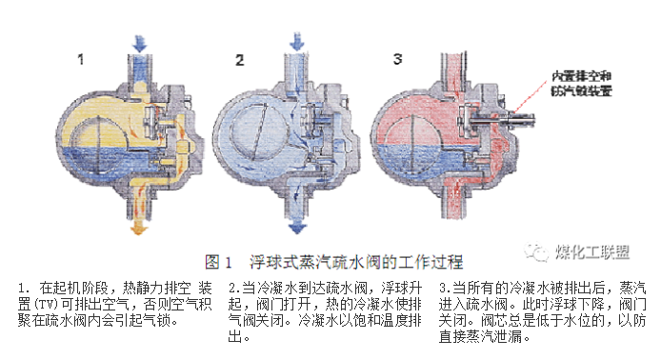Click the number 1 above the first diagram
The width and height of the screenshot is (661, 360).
pos(82,58)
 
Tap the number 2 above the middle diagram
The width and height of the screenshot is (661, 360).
pos(240,60)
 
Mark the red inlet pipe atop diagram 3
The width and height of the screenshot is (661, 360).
pos(455,57)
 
